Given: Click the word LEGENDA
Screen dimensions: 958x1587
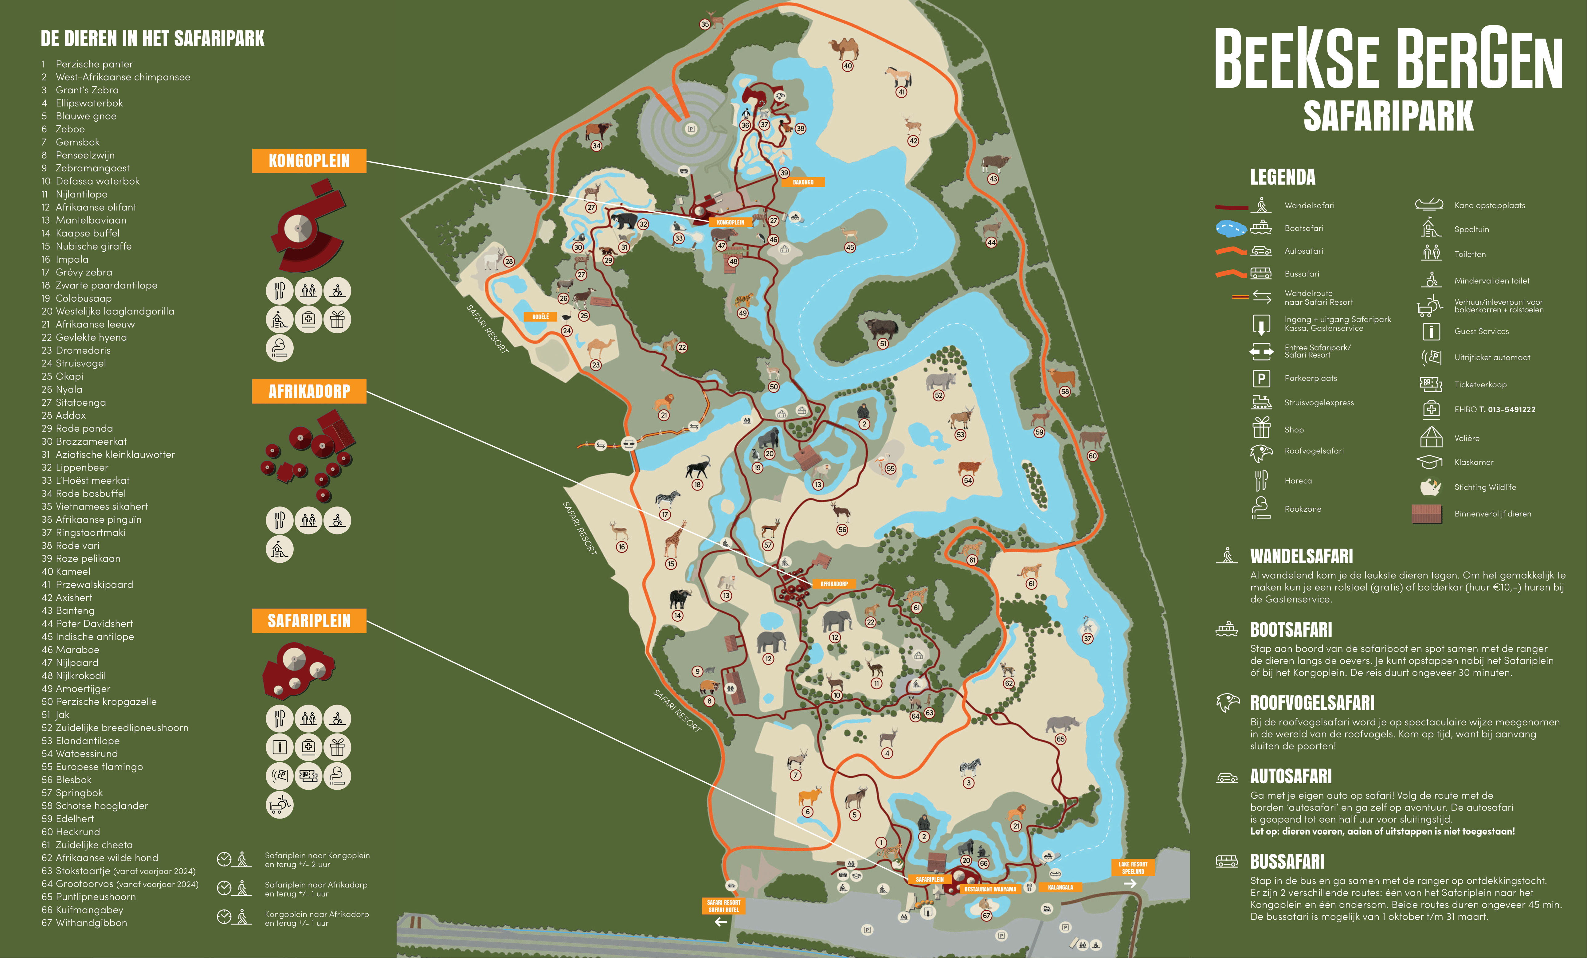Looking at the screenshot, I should tap(1282, 177).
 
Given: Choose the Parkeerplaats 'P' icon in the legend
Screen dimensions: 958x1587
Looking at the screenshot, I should tap(1261, 379).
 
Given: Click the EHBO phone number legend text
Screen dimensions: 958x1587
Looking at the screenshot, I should tap(1494, 409).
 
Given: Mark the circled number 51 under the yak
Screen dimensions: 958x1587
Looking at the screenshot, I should tap(883, 344).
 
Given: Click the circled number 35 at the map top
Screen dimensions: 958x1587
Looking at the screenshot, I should tap(705, 25).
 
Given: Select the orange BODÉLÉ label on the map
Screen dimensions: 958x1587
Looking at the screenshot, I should tap(540, 317).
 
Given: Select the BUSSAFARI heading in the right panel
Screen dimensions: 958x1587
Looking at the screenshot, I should tap(1287, 862).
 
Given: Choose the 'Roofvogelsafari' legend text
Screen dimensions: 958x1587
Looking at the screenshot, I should tap(1314, 451).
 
